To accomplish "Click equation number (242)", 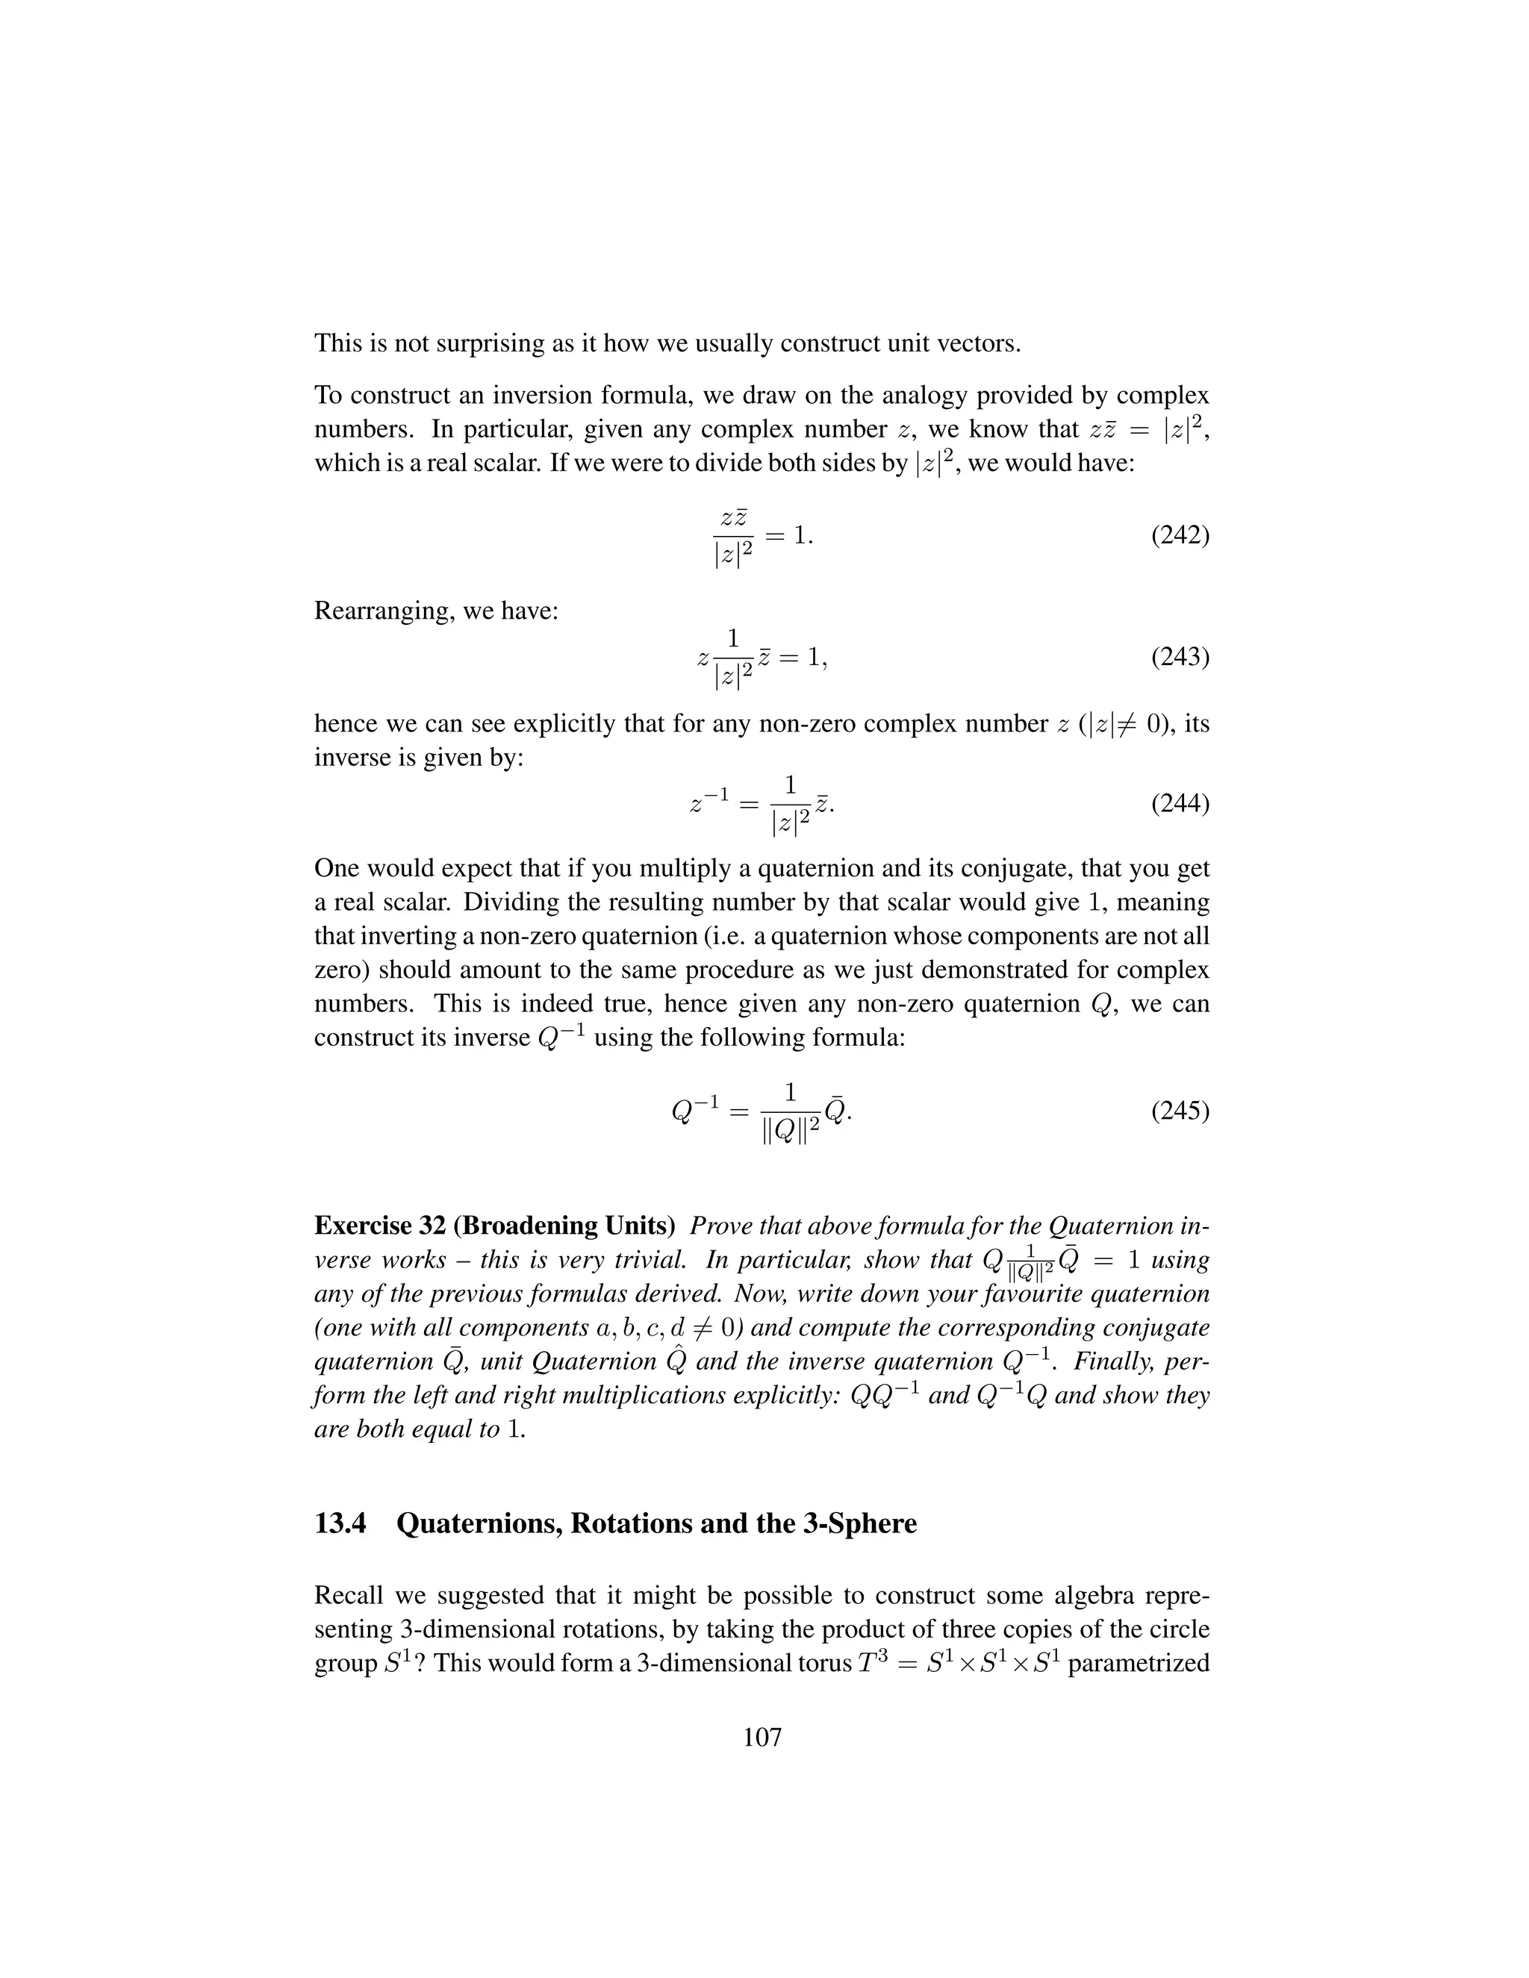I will pyautogui.click(x=1180, y=535).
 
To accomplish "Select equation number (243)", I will pyautogui.click(x=1180, y=655).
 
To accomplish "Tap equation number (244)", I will pyautogui.click(x=1180, y=803).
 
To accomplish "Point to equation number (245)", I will pyautogui.click(x=1180, y=1111).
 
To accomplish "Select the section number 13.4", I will pyautogui.click(x=340, y=1523).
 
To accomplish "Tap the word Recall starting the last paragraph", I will pyautogui.click(x=349, y=1596).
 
